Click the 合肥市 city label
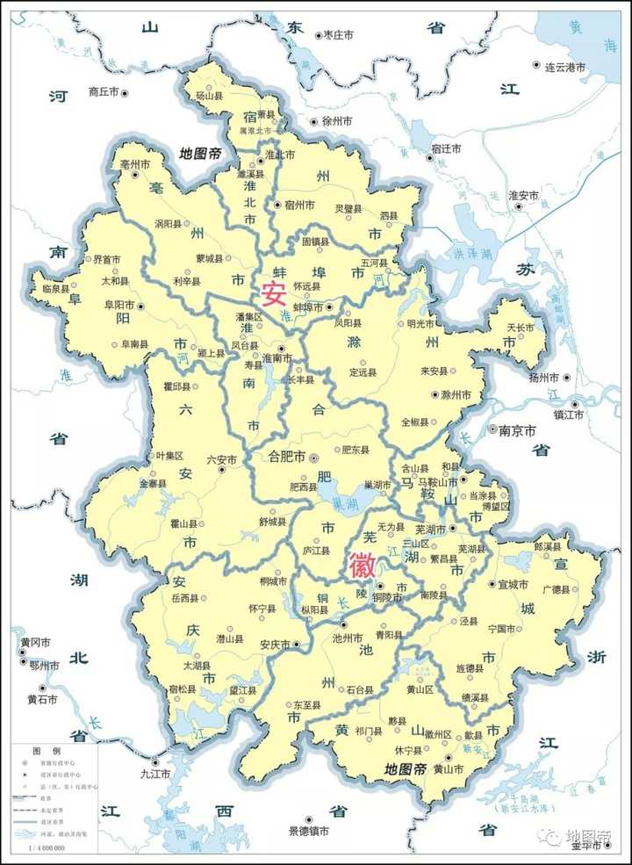tap(286, 457)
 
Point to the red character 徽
tap(363, 566)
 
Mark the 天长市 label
tap(522, 328)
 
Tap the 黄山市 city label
tap(446, 769)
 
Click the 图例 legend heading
tap(45, 753)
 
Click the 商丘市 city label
tap(104, 91)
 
